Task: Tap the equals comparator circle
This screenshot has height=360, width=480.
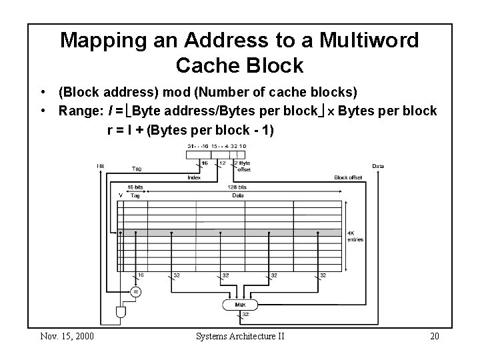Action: click(x=136, y=291)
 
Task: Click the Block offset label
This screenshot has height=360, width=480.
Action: click(x=348, y=177)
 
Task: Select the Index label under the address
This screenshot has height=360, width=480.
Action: click(x=193, y=177)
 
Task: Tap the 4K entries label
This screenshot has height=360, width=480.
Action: click(x=355, y=236)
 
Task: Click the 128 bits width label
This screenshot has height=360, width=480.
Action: click(x=237, y=187)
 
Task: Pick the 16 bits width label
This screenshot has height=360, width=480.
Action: click(x=136, y=187)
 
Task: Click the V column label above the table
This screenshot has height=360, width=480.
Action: click(x=120, y=195)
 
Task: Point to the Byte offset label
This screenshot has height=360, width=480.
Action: click(x=245, y=166)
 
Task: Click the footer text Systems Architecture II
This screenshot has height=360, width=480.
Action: click(x=240, y=336)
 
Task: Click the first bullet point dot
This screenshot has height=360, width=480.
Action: click(x=41, y=91)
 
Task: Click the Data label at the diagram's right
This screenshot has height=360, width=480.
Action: click(x=378, y=166)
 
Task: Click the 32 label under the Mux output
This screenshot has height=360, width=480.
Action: click(x=245, y=315)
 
